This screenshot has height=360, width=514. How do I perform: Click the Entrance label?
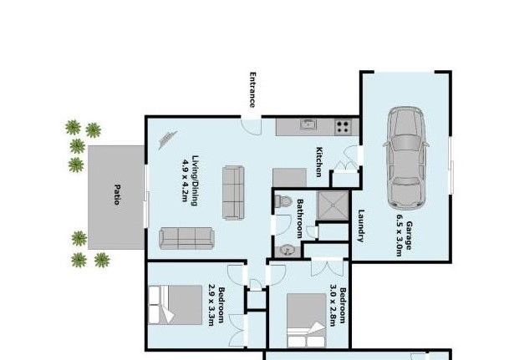252,90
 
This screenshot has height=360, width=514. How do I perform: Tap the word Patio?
116,195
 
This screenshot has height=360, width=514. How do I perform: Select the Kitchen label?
318,162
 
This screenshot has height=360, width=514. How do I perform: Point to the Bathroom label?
299,218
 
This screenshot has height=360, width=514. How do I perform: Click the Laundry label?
361,226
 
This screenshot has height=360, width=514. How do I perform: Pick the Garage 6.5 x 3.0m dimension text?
404,236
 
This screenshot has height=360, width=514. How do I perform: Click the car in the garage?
405,158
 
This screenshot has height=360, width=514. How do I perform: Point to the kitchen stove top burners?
343,127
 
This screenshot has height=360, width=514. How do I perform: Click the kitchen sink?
308,124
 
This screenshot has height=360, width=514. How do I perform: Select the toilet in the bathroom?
282,201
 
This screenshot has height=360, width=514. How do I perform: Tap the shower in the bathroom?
333,205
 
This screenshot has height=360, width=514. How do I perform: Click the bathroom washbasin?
288,251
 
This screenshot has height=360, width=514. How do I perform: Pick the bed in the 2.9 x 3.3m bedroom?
175,305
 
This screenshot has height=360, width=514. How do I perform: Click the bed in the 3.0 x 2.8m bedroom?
307,320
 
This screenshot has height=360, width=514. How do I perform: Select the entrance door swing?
252,126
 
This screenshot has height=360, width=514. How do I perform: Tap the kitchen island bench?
289,178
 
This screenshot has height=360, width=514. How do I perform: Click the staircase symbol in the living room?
168,139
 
